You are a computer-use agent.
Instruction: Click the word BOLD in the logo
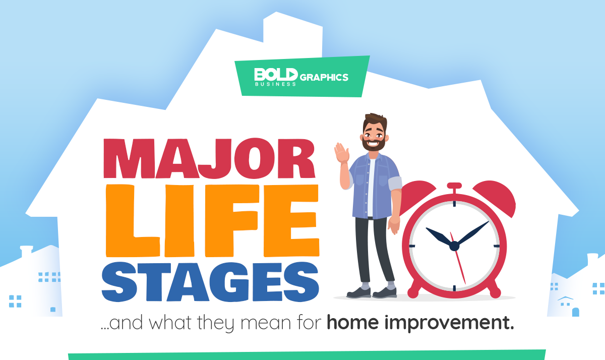tap(275, 75)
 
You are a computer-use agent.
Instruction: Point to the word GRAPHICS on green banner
tap(324, 77)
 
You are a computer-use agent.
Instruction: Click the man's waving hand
tap(342, 153)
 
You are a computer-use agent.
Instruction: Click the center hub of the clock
tap(454, 246)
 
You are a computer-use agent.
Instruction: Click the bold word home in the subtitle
tap(353, 322)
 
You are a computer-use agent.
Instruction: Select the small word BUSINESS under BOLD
tap(275, 84)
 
